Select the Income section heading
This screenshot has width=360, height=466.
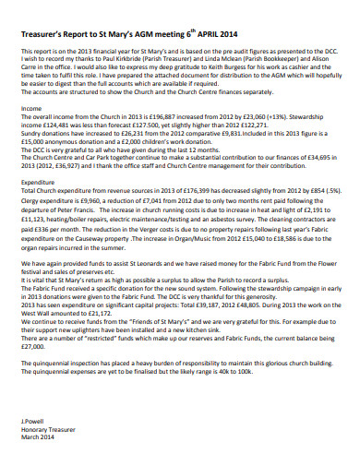pos(30,109)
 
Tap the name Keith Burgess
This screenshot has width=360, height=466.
pos(244,67)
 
